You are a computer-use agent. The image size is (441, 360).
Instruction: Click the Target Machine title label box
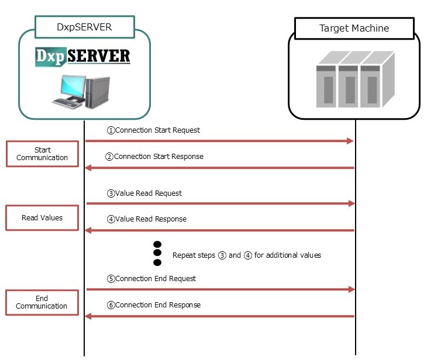pyautogui.click(x=354, y=28)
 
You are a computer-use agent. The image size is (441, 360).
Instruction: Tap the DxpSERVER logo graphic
pyautogui.click(x=82, y=57)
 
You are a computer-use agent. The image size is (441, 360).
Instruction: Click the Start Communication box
pyautogui.click(x=42, y=154)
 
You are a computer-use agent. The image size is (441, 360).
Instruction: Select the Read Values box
pyautogui.click(x=42, y=217)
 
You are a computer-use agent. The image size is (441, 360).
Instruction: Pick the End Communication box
pyautogui.click(x=42, y=302)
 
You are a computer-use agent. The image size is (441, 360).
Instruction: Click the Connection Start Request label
pyautogui.click(x=153, y=130)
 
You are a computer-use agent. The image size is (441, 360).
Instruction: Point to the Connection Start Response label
pyautogui.click(x=154, y=157)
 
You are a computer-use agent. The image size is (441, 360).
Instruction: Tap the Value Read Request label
pyautogui.click(x=144, y=193)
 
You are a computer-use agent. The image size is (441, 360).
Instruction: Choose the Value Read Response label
pyautogui.click(x=146, y=219)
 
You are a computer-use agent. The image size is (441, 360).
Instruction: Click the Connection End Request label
pyautogui.click(x=151, y=279)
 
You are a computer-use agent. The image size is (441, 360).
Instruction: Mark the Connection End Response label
pyautogui.click(x=153, y=305)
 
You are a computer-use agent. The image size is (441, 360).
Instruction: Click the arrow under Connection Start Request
pyautogui.click(x=219, y=141)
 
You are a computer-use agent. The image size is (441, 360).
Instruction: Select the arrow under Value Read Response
pyautogui.click(x=219, y=230)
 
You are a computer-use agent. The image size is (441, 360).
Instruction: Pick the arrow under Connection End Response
pyautogui.click(x=219, y=316)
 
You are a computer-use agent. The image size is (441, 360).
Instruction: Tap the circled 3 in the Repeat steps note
pyautogui.click(x=222, y=255)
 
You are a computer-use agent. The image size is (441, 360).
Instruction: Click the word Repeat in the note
pyautogui.click(x=183, y=255)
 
